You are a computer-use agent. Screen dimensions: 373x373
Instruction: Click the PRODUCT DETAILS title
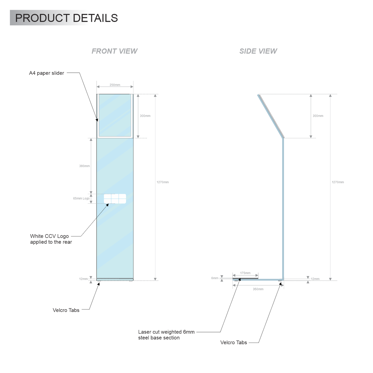(x=66, y=18)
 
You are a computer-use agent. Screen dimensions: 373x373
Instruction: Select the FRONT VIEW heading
(x=114, y=51)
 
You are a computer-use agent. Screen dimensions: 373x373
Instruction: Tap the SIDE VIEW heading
(x=258, y=51)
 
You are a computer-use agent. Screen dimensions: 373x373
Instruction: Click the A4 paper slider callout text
(x=46, y=73)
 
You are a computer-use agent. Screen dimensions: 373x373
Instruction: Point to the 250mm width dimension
(x=115, y=85)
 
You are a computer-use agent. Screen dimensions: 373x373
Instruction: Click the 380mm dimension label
(x=84, y=166)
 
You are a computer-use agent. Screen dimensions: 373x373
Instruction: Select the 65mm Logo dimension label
(x=81, y=199)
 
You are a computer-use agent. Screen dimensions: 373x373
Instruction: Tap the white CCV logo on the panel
(x=115, y=199)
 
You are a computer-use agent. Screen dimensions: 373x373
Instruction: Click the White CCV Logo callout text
(x=51, y=239)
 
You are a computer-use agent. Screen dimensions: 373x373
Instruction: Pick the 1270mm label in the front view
(x=163, y=182)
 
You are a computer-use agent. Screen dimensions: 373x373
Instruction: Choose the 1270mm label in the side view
(x=338, y=182)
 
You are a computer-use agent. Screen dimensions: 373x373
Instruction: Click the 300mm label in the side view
(x=318, y=116)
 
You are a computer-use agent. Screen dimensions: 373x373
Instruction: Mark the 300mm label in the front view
(x=145, y=116)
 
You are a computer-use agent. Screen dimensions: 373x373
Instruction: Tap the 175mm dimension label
(x=245, y=273)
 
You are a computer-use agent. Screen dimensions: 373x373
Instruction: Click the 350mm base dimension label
(x=258, y=289)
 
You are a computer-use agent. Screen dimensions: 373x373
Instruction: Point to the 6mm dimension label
(x=215, y=278)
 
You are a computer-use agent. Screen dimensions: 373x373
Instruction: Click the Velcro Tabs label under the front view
(x=66, y=310)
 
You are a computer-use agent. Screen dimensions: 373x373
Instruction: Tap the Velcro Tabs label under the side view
(x=234, y=343)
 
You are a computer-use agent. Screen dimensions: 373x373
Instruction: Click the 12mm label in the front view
(x=83, y=279)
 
